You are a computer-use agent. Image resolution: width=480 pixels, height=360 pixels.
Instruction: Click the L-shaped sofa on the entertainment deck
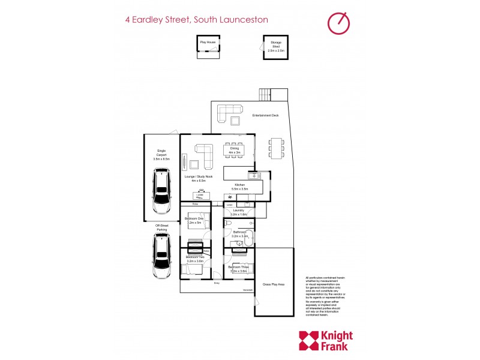point(229,112)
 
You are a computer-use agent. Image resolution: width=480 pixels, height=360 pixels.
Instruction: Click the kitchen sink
point(254,175)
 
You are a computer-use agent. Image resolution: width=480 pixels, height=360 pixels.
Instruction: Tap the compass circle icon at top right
point(338,22)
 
